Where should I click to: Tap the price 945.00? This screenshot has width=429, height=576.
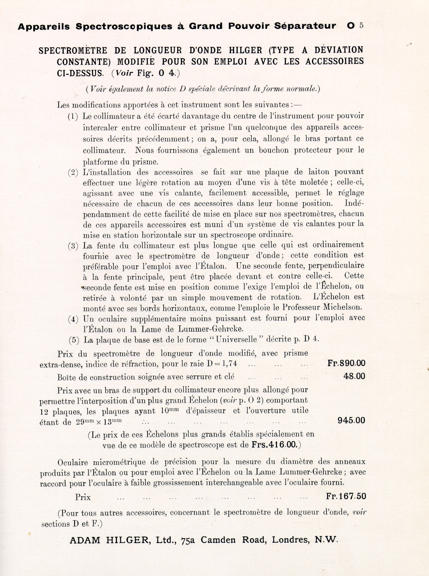351,420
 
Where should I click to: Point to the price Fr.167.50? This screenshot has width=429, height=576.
346,496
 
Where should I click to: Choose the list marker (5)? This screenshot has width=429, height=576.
74,340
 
